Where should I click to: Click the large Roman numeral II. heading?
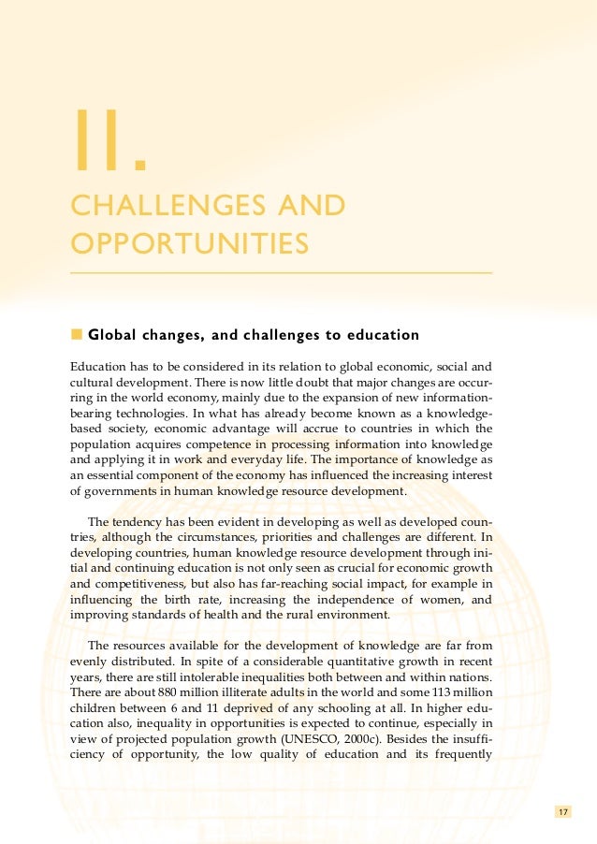[109, 142]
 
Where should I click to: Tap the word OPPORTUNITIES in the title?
[190, 244]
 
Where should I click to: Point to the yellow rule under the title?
[281, 272]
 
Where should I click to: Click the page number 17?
[561, 811]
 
